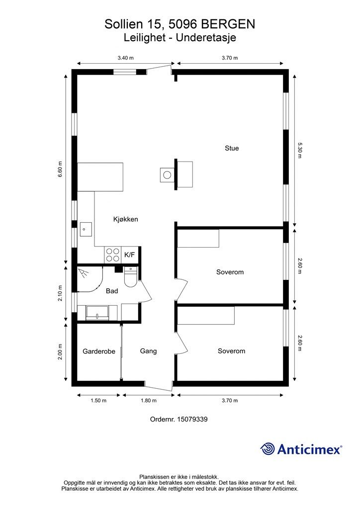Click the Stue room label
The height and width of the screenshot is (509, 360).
tap(232, 148)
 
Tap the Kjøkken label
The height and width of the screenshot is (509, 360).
tap(126, 219)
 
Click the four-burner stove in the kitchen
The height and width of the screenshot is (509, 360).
tap(112, 255)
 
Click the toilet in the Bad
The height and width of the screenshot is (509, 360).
tap(131, 277)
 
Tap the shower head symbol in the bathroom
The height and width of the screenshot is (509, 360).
tap(85, 273)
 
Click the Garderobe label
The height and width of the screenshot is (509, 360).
tap(99, 351)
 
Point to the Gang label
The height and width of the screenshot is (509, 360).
tap(148, 351)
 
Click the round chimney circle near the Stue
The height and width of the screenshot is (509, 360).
tap(167, 175)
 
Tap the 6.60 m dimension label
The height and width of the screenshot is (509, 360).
tap(60, 169)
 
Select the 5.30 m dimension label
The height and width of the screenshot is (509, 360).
tap(300, 150)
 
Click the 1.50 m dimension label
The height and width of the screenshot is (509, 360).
tap(98, 401)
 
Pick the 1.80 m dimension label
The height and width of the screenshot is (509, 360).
tap(148, 401)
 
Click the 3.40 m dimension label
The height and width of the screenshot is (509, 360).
tap(126, 58)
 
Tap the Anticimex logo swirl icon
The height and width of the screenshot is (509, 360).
tap(268, 449)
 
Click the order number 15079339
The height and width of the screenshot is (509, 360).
tap(192, 419)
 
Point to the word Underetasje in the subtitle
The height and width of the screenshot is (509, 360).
tap(206, 38)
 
